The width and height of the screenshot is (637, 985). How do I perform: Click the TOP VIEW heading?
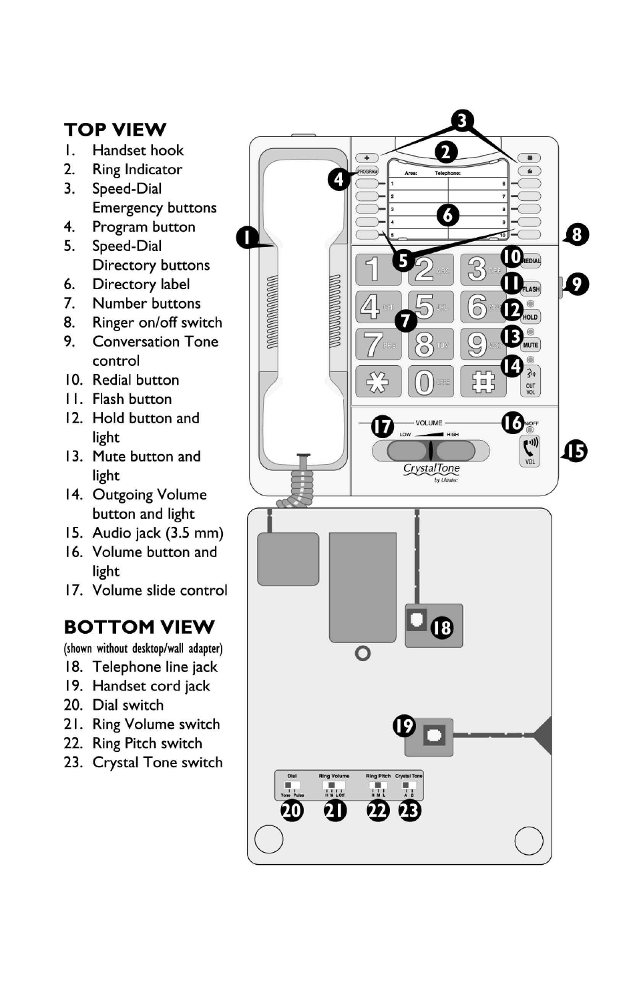(115, 130)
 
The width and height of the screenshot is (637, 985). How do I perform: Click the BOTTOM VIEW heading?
(139, 627)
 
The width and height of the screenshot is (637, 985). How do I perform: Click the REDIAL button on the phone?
(532, 260)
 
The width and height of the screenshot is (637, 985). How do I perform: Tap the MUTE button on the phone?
(531, 345)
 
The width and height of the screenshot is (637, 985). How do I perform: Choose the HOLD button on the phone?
(531, 317)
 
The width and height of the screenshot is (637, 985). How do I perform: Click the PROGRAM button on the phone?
(367, 172)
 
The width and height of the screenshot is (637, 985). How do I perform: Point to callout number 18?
(441, 628)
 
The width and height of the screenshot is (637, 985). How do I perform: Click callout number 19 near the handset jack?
(404, 725)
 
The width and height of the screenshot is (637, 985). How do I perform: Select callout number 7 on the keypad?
(405, 321)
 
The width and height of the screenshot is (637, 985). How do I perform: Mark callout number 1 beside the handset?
(247, 237)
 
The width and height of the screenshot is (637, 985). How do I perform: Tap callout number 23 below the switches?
(409, 811)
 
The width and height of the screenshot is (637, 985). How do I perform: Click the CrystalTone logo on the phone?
(431, 469)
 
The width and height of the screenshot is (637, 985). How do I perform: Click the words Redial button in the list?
(136, 380)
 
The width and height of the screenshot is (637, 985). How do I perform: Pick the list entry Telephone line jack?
(154, 667)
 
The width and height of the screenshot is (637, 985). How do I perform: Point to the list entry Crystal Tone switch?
(157, 763)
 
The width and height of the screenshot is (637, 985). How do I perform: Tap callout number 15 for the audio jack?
(575, 451)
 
